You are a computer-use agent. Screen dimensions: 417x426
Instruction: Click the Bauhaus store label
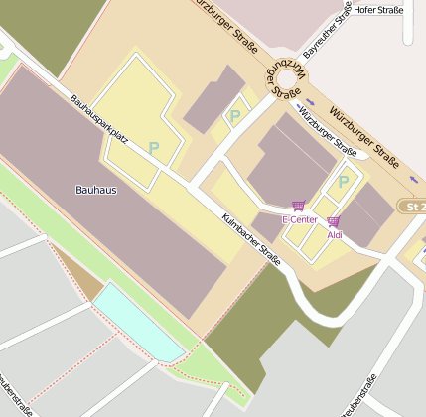[x=96, y=188]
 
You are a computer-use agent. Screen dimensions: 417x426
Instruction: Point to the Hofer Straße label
[x=378, y=10]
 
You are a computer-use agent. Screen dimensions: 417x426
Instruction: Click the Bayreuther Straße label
[x=327, y=31]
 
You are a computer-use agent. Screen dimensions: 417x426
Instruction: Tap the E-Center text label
[x=298, y=218]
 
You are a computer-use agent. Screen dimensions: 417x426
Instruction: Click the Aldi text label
[x=334, y=234]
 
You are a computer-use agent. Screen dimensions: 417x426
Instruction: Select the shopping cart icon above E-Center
[x=298, y=206]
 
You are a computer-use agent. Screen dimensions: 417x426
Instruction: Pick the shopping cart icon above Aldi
[x=333, y=221]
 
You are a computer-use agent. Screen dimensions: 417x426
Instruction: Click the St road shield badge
[x=412, y=206]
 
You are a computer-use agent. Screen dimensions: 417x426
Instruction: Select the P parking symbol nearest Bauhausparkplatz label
[x=154, y=147]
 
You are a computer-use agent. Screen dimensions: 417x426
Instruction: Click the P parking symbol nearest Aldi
[x=344, y=182]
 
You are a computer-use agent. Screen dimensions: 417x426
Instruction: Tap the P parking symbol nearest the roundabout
[x=235, y=116]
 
